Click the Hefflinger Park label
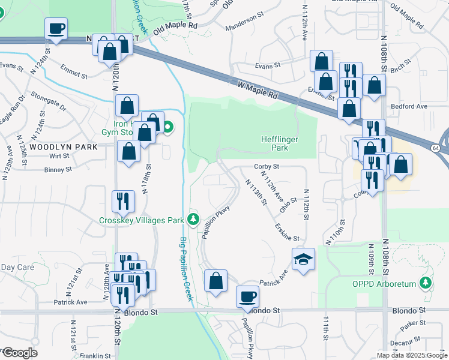point(280,143)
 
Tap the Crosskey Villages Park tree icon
point(193,219)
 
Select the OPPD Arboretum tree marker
point(426,281)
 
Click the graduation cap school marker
point(303,259)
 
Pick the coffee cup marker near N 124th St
point(56,28)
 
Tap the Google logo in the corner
point(19,353)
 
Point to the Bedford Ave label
point(408,106)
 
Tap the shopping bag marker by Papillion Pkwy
point(215,280)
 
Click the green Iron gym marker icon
point(168,127)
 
